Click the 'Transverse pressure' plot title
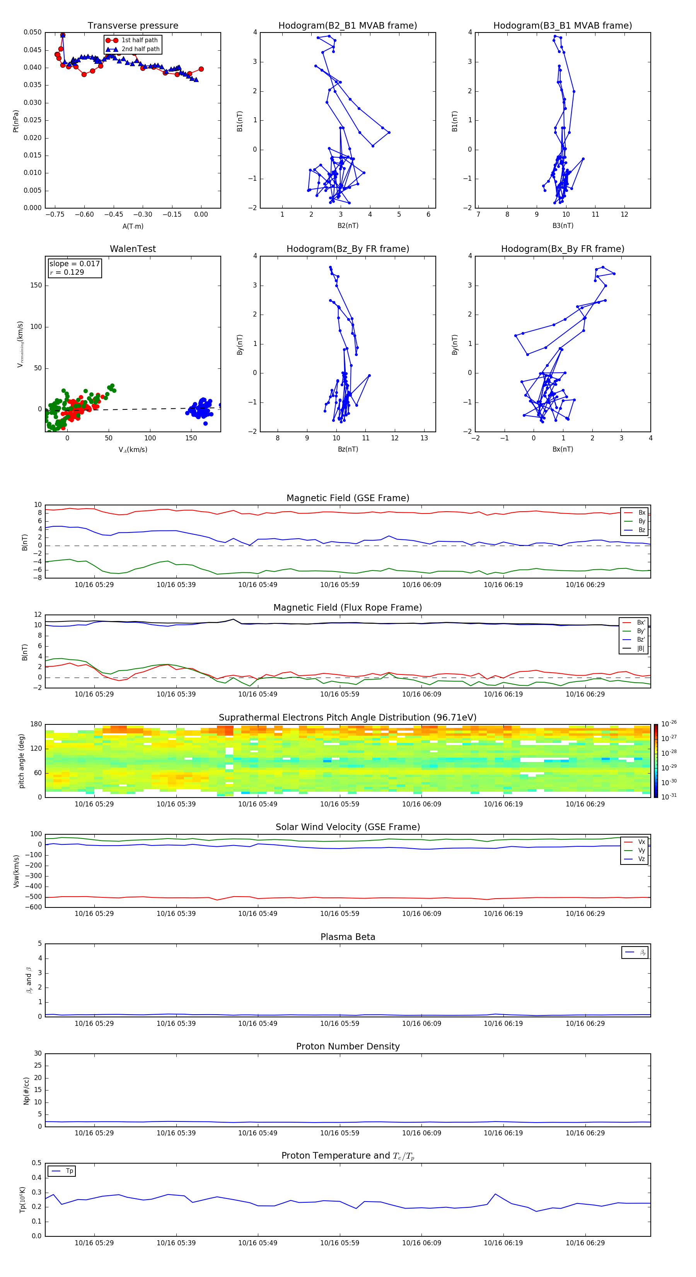[133, 26]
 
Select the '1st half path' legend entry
[139, 40]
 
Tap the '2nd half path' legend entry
[140, 49]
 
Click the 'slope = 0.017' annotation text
[74, 264]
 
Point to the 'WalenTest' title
[133, 249]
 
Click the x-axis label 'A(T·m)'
[133, 226]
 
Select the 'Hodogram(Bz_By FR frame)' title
[348, 249]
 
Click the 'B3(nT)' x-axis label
[563, 226]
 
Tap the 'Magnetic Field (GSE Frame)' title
[348, 498]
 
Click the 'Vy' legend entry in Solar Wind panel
[641, 851]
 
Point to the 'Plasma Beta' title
[348, 937]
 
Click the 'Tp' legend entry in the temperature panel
[69, 1171]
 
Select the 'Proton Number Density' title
[348, 1046]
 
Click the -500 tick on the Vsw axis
[35, 897]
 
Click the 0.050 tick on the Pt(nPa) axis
[33, 32]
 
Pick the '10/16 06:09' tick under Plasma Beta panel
[421, 1023]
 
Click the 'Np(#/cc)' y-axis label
[26, 1090]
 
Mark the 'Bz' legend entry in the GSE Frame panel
[641, 530]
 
